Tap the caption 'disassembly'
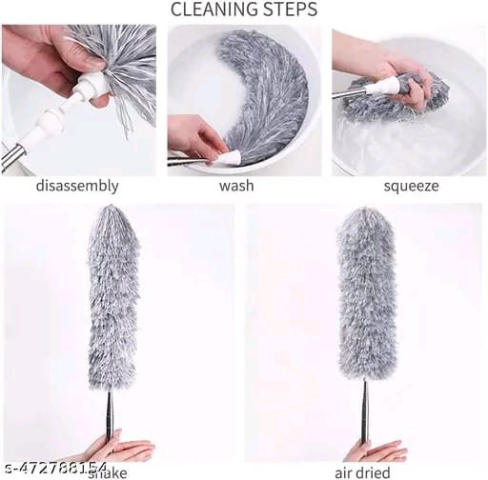pyautogui.click(x=77, y=186)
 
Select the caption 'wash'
pyautogui.click(x=236, y=186)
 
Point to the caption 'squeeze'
pyautogui.click(x=411, y=186)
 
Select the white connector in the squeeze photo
pyautogui.click(x=386, y=87)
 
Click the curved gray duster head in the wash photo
pyautogui.click(x=272, y=95)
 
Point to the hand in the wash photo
pyautogui.click(x=195, y=138)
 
